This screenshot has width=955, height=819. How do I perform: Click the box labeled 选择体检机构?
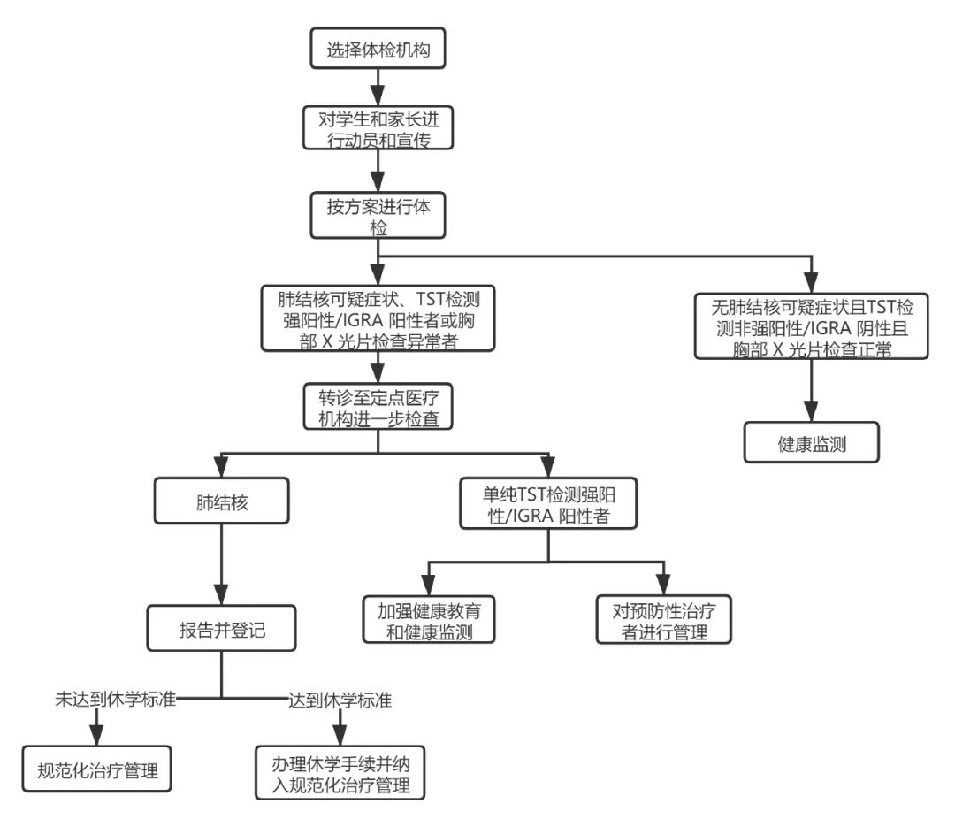378,48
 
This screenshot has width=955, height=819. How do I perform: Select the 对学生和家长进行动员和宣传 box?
378,128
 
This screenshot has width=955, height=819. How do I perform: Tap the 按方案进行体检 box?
378,216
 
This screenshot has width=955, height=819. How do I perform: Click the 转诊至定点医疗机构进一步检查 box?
378,407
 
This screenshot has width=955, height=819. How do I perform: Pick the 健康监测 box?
811,442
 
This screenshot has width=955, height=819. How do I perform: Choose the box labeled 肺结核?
221,501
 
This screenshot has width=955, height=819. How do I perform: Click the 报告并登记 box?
221,628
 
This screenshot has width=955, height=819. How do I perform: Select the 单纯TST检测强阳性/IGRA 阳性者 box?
548,503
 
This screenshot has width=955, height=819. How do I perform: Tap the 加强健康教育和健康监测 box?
429,620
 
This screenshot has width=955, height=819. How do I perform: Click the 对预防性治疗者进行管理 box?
663,620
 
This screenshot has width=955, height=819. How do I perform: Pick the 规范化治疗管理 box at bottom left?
97,769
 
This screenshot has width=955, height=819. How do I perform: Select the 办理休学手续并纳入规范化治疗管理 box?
340,773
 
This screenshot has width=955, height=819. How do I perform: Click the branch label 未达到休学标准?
116,699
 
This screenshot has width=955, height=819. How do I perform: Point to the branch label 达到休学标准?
340,700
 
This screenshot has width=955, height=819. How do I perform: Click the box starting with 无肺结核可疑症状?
811,326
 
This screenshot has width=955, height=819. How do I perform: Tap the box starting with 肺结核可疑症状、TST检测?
378,318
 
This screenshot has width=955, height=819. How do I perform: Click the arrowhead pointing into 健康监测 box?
811,410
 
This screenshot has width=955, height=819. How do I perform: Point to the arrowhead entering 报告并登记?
221,594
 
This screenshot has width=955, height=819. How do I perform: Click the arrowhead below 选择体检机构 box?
378,96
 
